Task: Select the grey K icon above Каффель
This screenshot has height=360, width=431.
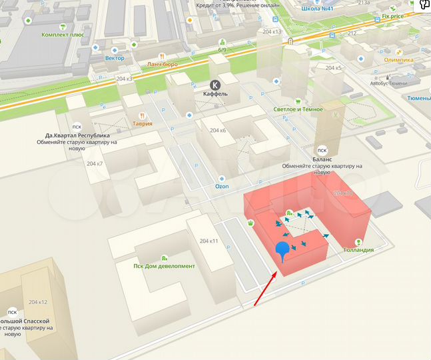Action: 215,85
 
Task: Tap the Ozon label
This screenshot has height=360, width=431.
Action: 222,187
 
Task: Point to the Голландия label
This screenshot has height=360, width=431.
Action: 358,250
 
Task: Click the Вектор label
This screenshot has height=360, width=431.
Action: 115,58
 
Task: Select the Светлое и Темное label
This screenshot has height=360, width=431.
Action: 298,109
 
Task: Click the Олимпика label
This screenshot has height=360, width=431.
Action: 398,59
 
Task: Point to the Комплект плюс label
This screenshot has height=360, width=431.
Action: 63,34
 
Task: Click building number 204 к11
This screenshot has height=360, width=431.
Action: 209,241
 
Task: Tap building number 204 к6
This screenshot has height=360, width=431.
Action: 218,130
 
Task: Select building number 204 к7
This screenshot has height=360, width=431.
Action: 95,163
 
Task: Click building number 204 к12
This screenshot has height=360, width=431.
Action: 39,302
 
